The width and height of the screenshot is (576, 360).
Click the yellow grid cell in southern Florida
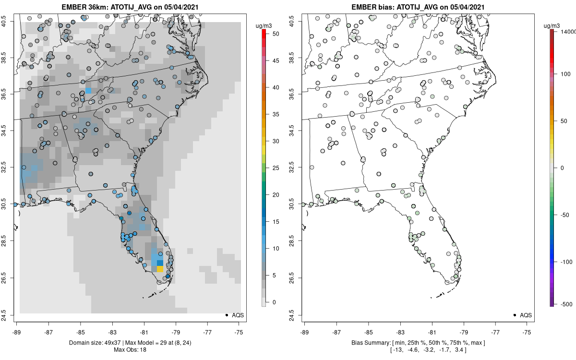[x=160, y=269]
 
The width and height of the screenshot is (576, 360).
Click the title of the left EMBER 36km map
[x=129, y=7]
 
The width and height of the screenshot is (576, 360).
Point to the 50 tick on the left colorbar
[x=272, y=34]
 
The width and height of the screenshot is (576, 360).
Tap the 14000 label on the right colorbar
[x=567, y=32]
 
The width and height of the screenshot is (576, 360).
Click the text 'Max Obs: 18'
[x=129, y=349]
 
